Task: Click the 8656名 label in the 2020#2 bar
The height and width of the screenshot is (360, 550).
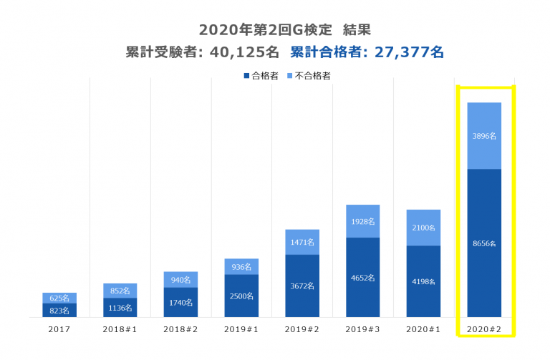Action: (484, 243)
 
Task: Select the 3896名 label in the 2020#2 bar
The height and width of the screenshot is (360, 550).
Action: (484, 135)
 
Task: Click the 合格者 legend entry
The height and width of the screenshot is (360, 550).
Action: (264, 75)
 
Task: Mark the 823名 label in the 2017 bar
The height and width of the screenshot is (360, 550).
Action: (60, 311)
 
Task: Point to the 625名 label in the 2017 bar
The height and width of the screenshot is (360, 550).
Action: (60, 298)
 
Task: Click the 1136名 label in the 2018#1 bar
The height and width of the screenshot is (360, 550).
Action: (120, 307)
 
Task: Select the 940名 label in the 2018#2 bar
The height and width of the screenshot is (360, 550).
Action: (181, 280)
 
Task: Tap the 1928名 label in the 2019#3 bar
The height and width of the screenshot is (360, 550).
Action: (362, 222)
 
